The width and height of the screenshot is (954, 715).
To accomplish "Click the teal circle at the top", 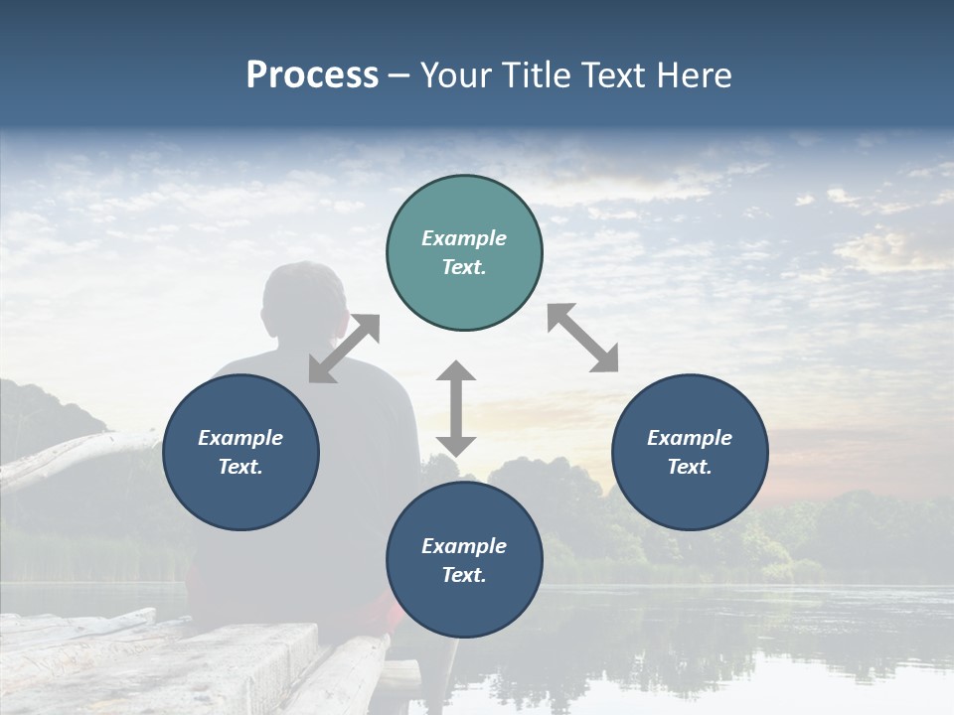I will pos(464,253).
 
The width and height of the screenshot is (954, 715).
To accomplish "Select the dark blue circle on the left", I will pos(240,452).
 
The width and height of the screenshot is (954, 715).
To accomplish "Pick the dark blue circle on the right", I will pos(690,452).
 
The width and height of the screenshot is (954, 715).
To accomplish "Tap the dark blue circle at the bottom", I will pos(464,560).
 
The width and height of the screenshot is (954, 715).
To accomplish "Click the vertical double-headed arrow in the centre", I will pos(456,408).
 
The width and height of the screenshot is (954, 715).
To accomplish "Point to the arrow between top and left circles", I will pos(344,348).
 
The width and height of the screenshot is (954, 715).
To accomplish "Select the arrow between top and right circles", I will pos(583,338).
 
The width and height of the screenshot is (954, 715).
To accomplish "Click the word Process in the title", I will pos(312,75).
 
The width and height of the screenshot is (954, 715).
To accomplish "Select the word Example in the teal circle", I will pos(464,238).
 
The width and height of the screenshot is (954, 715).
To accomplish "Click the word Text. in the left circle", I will pos(240,467).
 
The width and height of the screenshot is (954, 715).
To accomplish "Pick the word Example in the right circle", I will pos(690,438).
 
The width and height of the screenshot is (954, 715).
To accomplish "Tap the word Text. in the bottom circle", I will pos(464,575).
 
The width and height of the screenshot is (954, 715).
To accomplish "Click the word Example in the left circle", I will pos(240,438).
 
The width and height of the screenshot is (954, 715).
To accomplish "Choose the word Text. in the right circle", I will pos(690,467).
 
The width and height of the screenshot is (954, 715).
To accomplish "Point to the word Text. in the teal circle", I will pos(464,268).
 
